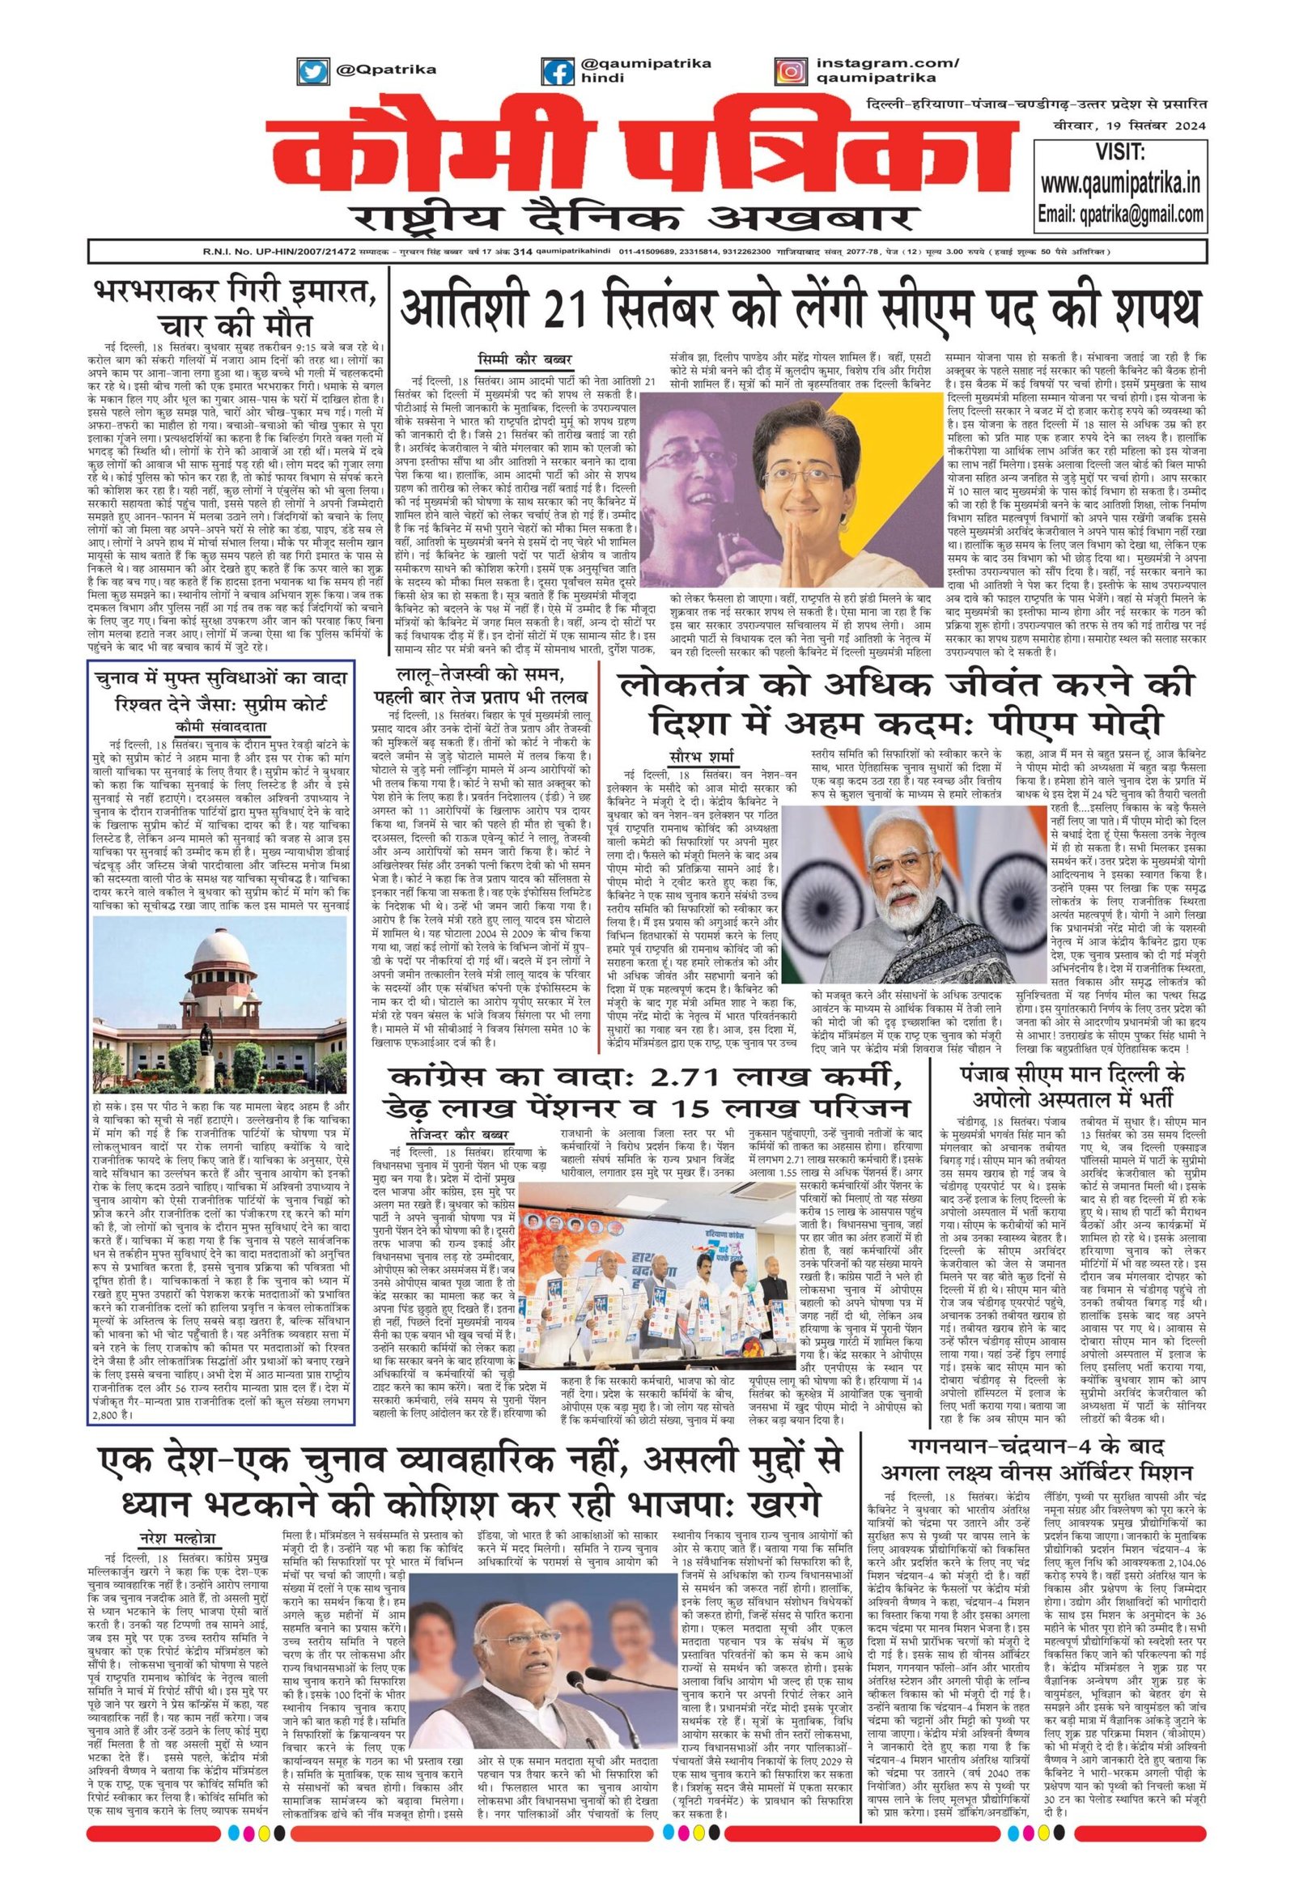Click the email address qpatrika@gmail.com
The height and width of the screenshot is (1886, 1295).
(x=1120, y=215)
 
